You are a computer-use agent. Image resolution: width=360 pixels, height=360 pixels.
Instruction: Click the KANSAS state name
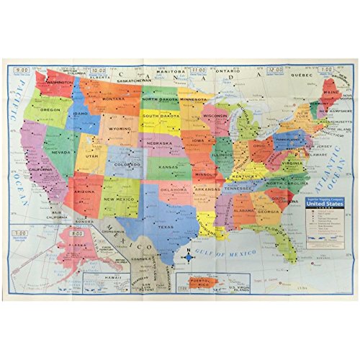168,167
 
